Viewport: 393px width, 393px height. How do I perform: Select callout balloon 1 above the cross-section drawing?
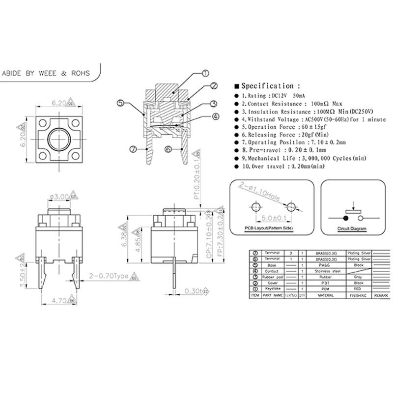(x=205, y=74)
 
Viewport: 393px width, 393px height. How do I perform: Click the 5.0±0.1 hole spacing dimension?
(x=273, y=216)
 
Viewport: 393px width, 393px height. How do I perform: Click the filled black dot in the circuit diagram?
(x=346, y=217)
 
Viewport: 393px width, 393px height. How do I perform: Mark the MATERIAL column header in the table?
(x=325, y=296)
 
